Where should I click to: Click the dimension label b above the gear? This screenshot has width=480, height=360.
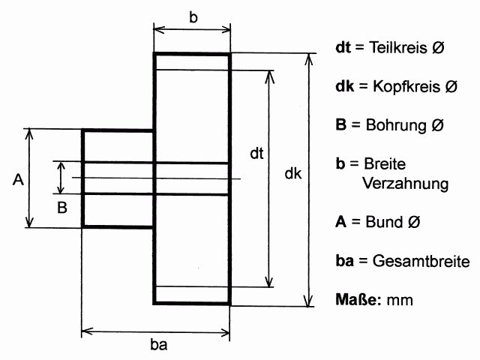pyautogui.click(x=193, y=17)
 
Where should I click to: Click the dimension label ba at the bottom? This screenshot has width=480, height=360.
pyautogui.click(x=157, y=346)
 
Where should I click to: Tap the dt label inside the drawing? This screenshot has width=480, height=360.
pyautogui.click(x=256, y=155)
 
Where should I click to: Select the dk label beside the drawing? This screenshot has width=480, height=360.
pyautogui.click(x=293, y=174)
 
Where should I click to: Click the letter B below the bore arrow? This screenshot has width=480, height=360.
pyautogui.click(x=62, y=206)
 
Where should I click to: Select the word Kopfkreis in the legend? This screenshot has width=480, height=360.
pyautogui.click(x=403, y=86)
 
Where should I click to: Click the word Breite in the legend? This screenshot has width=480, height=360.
pyautogui.click(x=385, y=163)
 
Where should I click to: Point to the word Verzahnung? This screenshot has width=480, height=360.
pyautogui.click(x=405, y=183)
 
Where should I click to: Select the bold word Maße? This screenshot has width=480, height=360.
pyautogui.click(x=359, y=300)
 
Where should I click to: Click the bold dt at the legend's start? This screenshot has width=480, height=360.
pyautogui.click(x=343, y=47)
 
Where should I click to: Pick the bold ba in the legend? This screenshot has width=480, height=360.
pyautogui.click(x=344, y=262)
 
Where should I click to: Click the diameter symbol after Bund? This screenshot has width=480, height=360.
pyautogui.click(x=412, y=223)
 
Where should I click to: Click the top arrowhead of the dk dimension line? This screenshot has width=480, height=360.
pyautogui.click(x=307, y=57)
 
